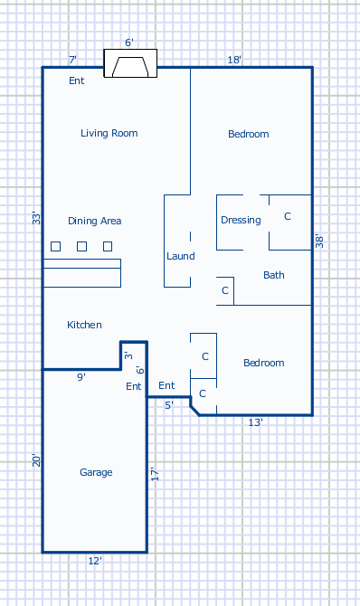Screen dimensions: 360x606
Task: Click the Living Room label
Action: (x=109, y=133)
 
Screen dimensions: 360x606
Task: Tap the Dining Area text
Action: (x=95, y=221)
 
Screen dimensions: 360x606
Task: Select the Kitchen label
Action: (x=84, y=325)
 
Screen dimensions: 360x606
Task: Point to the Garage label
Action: (x=96, y=472)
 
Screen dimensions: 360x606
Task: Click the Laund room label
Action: (x=181, y=256)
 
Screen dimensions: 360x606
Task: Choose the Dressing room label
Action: (x=241, y=220)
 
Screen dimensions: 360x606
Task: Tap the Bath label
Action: (x=274, y=275)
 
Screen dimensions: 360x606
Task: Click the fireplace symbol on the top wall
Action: (x=130, y=63)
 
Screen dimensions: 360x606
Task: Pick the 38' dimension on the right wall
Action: (x=319, y=241)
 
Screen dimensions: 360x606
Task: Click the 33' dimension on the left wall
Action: (x=36, y=218)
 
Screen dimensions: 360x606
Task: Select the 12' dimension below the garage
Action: (x=95, y=561)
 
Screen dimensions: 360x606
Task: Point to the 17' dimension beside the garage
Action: (x=155, y=474)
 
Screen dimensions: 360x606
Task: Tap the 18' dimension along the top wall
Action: (x=234, y=60)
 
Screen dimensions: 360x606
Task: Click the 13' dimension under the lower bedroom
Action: (x=255, y=422)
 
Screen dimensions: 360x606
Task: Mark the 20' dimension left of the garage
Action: (x=36, y=460)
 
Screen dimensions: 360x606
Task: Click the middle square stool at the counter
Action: (x=81, y=246)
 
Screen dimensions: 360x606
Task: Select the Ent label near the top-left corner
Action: (x=77, y=80)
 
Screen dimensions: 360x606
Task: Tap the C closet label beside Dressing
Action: (x=288, y=216)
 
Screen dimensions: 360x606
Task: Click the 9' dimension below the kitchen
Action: (x=81, y=377)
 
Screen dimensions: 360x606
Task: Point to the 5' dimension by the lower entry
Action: (x=169, y=405)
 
